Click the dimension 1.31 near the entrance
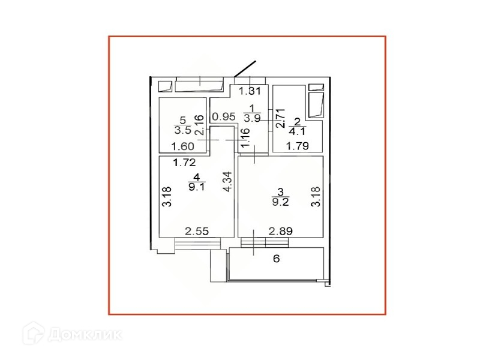[250, 91]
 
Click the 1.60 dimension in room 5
[183, 146]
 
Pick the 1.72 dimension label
[185, 162]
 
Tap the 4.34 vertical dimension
[227, 182]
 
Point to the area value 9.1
[195, 186]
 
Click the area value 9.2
[280, 202]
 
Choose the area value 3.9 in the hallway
[251, 119]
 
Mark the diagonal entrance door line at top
[245, 68]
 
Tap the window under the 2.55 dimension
[197, 243]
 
